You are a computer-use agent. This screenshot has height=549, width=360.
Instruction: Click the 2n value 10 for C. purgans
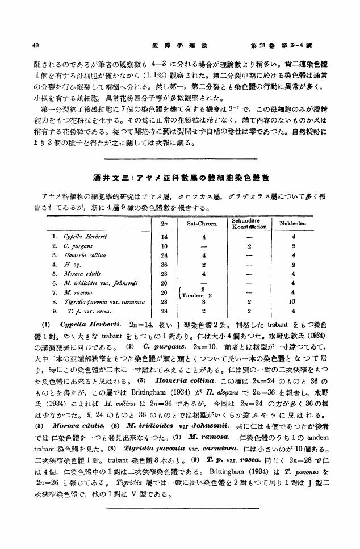point(164,245)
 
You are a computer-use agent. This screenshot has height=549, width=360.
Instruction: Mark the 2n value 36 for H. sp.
point(164,265)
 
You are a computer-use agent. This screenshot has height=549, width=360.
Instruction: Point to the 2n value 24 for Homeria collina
point(164,255)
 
